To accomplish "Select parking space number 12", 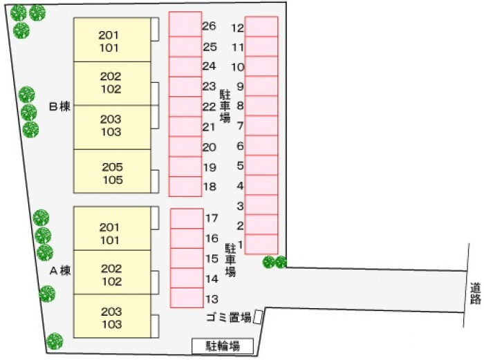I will pos(261,26).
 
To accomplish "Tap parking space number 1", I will pos(261,245).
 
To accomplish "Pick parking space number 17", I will pos(187,218).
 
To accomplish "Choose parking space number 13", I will pos(187,298).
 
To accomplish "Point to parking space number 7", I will pos(261,126).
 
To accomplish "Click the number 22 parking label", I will pos(209,107).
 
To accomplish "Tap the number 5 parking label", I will pos(240,166).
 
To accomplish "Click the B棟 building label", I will pos(60,107).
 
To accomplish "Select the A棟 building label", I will pos(60,271).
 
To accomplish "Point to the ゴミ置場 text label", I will pos(227,318).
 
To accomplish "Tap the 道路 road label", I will pos(474,293).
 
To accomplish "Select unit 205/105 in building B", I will pos(112,173).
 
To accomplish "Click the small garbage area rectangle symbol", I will pos(258,316).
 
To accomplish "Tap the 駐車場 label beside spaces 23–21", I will pos(225,105).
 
